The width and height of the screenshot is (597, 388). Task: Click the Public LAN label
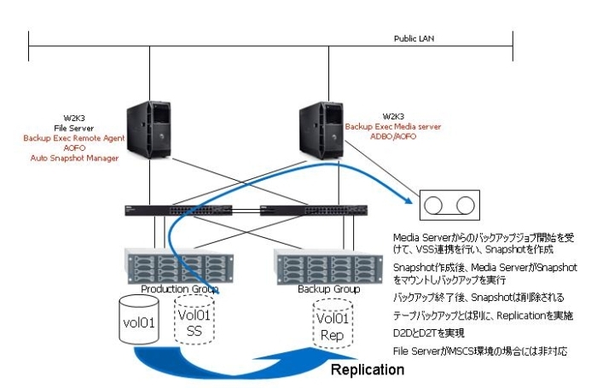tap(412, 39)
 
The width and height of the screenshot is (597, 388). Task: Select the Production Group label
tap(179, 289)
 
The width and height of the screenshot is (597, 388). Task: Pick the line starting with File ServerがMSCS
tap(478, 350)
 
